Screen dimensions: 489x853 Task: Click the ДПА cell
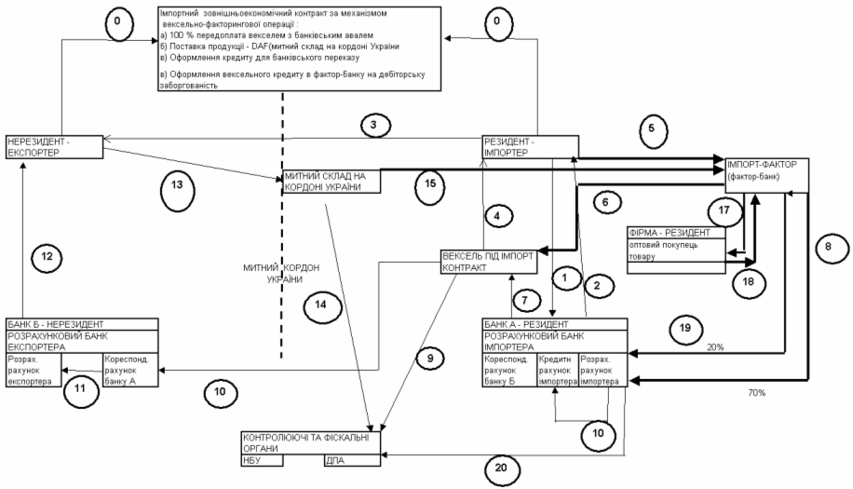click(x=352, y=459)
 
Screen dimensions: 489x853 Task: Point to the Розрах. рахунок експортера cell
click(x=34, y=369)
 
